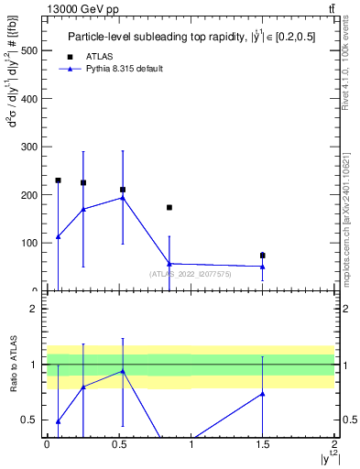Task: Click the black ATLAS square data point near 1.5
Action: click(x=263, y=256)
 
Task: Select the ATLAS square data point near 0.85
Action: click(x=169, y=208)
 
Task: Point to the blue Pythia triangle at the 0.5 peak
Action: click(x=122, y=198)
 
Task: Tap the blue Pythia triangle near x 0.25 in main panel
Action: click(x=83, y=210)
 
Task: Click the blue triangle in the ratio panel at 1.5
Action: click(x=263, y=394)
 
